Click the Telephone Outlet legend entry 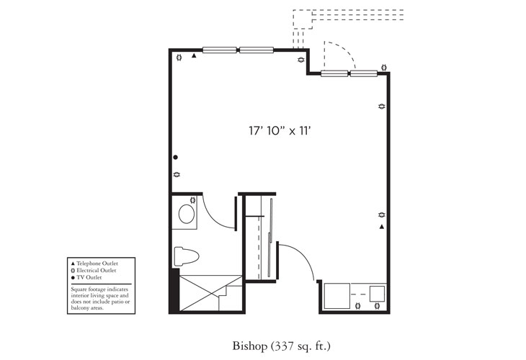[x=97, y=264]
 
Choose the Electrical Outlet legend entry [x=97, y=270]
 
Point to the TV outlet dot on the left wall [x=175, y=158]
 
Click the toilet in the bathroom [x=187, y=257]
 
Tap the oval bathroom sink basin [x=187, y=214]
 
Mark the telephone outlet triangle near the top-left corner [x=195, y=56]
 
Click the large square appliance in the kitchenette [x=337, y=295]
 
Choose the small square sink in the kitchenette [x=377, y=294]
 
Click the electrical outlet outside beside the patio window [x=384, y=68]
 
